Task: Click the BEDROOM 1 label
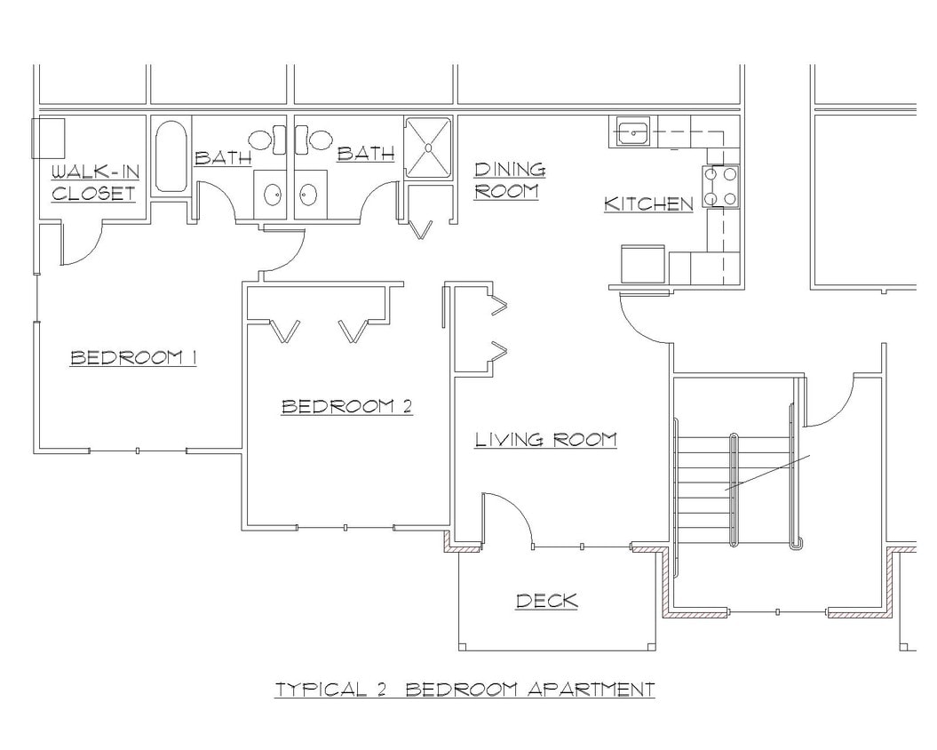tap(133, 357)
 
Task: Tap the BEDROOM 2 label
tap(346, 406)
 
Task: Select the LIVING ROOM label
tap(545, 439)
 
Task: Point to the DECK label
tap(547, 602)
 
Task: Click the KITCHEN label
tap(648, 203)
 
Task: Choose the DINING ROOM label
tap(510, 180)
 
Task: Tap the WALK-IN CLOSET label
tap(93, 181)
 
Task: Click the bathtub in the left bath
tap(171, 156)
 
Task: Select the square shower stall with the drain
tap(428, 148)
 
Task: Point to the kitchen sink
tap(631, 132)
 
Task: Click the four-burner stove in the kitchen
tap(721, 187)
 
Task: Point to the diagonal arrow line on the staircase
tap(767, 473)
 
